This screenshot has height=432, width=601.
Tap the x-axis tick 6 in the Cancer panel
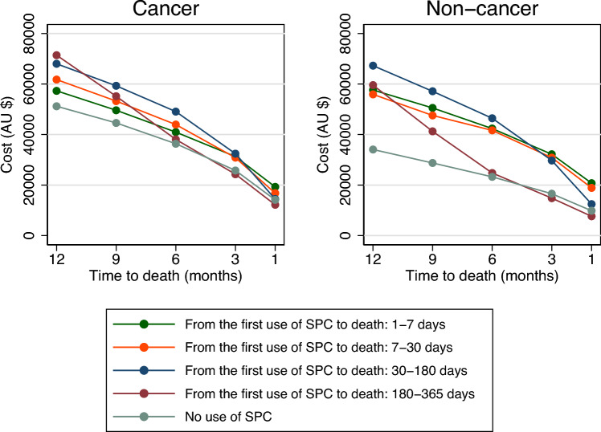point(175,261)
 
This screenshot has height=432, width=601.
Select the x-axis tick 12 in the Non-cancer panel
point(373,261)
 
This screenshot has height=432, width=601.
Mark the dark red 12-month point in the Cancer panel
point(56,55)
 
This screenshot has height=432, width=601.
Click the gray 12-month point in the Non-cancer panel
point(373,149)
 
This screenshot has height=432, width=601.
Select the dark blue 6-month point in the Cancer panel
point(175,112)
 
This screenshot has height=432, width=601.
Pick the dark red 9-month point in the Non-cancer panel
point(432,131)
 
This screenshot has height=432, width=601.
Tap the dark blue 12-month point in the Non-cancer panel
point(373,66)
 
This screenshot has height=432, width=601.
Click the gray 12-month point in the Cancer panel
point(56,106)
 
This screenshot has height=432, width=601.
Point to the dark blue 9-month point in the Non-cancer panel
point(432,91)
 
